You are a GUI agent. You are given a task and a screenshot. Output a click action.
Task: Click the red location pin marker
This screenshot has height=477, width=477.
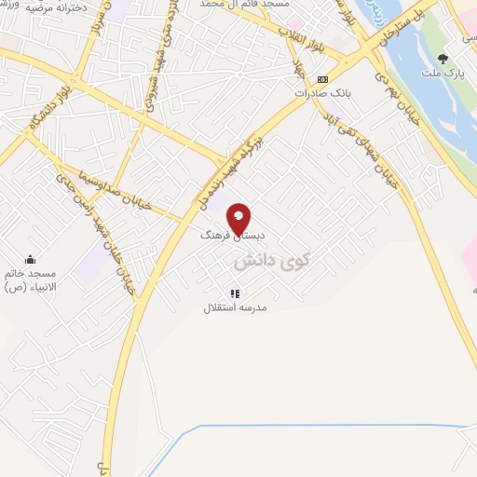(x=238, y=218)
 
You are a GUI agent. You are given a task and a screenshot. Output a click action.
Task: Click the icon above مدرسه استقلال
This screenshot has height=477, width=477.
(x=235, y=293)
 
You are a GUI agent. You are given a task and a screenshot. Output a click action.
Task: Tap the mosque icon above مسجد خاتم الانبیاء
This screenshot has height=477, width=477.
(x=30, y=259)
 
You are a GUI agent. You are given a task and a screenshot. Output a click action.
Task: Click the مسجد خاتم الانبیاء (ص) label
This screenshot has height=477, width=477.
(x=30, y=279)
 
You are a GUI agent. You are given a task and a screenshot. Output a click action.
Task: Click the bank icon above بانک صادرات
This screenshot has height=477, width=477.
(x=322, y=79)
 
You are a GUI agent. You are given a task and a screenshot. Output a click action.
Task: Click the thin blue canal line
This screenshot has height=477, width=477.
(x=326, y=426)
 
